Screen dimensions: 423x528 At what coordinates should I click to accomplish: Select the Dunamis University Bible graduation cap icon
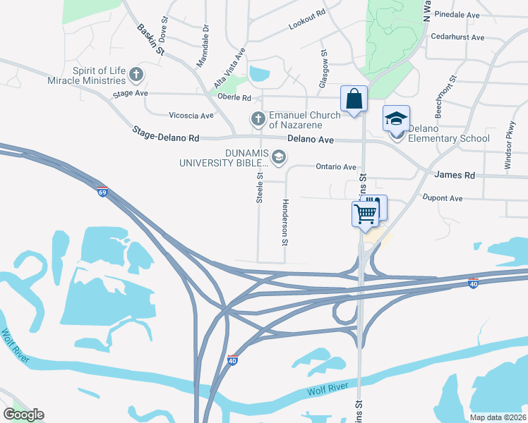(280, 157)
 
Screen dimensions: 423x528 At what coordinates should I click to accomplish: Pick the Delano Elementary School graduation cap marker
(396, 119)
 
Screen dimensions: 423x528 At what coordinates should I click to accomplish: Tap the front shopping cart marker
(366, 214)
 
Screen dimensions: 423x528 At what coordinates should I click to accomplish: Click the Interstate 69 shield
(102, 192)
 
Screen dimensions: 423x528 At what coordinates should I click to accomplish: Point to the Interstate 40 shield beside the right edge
(474, 283)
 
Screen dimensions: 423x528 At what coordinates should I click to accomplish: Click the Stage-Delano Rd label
(166, 133)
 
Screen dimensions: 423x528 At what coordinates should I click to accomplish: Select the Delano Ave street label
(310, 140)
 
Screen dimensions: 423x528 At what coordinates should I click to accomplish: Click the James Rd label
(455, 175)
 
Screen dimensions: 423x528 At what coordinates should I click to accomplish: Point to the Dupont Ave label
(441, 199)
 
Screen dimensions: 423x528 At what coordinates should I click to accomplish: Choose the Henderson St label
(285, 222)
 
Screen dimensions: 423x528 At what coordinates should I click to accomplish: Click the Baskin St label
(150, 39)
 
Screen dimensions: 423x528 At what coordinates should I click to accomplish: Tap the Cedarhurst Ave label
(457, 37)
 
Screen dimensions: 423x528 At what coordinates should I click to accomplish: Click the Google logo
(23, 415)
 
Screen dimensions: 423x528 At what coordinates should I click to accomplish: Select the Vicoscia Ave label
(191, 116)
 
